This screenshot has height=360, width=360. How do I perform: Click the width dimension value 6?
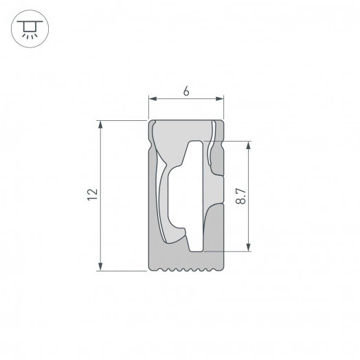187,91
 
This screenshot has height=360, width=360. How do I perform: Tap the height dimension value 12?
92,195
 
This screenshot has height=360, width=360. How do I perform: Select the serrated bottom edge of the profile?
187,268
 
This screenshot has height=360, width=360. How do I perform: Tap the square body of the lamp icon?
28,26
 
